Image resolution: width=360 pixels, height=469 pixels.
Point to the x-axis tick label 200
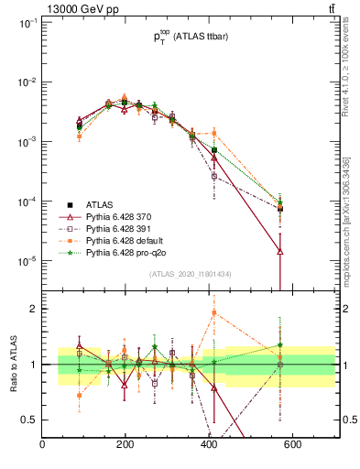[x=125, y=446]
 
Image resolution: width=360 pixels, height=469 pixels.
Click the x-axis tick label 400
[x=209, y=446]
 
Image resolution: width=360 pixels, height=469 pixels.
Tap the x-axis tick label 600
[x=292, y=446]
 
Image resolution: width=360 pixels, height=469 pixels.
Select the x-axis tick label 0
[x=42, y=446]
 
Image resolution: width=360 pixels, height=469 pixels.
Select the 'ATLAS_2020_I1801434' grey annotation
[x=189, y=274]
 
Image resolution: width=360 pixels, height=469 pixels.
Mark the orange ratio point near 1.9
[x=214, y=312]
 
